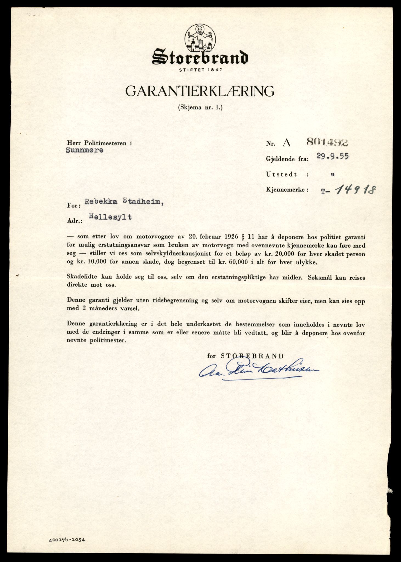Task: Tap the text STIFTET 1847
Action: click(200, 70)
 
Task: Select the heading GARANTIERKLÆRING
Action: click(200, 91)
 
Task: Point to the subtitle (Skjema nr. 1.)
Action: click(200, 108)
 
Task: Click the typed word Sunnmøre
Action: click(84, 150)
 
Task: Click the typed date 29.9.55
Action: click(332, 157)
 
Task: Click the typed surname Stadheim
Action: click(142, 202)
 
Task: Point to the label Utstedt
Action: click(281, 175)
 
